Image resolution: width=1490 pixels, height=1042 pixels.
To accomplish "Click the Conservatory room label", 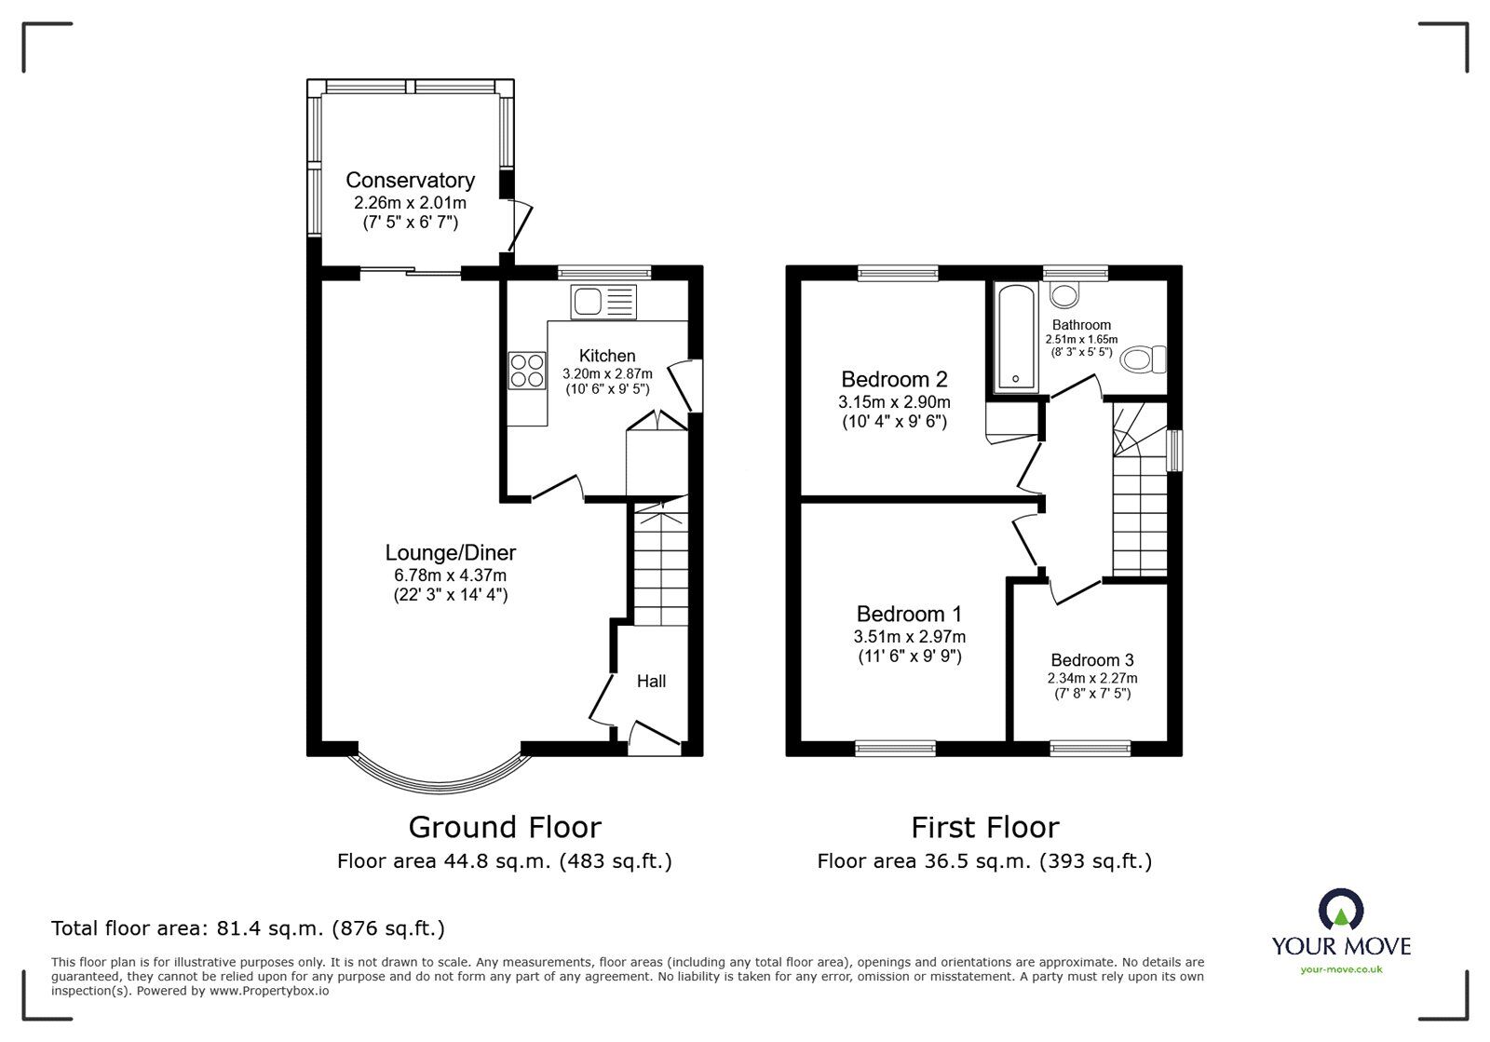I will click(410, 180).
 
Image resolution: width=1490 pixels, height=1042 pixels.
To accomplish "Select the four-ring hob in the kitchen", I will click(527, 370).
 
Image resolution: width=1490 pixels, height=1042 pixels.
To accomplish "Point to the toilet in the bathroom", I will click(1144, 359).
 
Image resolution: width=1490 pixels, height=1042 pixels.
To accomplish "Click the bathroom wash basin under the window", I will click(1064, 294).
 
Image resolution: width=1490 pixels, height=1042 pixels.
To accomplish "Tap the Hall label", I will click(651, 681).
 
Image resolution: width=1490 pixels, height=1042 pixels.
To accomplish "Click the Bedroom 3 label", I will click(1092, 660).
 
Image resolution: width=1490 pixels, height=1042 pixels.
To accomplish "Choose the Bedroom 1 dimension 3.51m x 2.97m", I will click(909, 637).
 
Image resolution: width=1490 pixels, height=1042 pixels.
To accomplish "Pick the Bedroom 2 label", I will click(894, 379).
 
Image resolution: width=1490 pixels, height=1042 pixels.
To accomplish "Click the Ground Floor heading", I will click(505, 827).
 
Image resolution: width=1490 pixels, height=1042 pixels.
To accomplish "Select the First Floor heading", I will click(984, 827).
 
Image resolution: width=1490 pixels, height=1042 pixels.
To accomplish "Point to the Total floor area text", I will click(248, 928).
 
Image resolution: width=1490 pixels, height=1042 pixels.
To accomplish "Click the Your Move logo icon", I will click(1341, 910).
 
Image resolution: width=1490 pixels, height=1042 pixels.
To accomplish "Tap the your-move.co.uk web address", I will click(1341, 970).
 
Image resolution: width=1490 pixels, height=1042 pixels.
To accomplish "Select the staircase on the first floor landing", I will click(1138, 503).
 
